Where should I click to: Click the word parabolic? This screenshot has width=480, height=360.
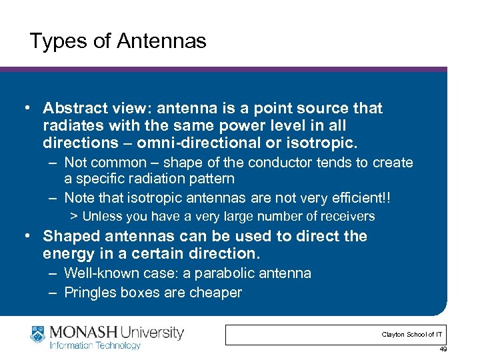[211, 273]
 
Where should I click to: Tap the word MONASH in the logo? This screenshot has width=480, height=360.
[79, 331]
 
